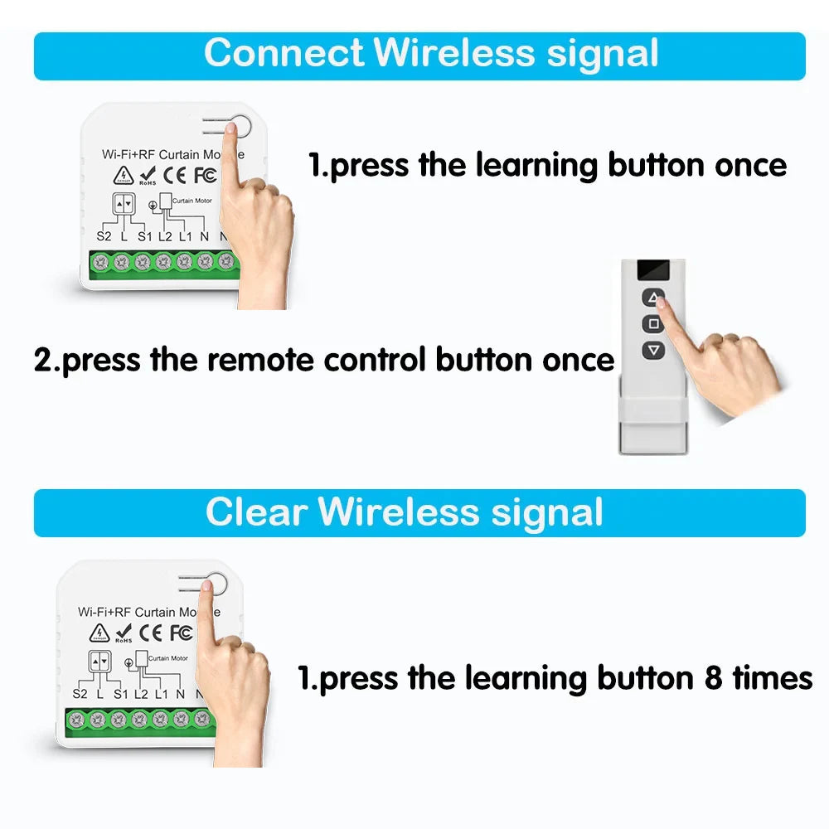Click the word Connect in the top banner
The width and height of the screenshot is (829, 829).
283,54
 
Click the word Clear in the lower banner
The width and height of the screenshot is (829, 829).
256,511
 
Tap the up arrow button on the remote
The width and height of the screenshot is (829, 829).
654,297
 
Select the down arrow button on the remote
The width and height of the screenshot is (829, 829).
654,350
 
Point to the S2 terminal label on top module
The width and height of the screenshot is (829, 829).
104,236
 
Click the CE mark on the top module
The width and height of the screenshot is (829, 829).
174,176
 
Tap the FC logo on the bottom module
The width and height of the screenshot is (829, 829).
182,633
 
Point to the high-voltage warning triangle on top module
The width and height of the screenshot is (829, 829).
123,175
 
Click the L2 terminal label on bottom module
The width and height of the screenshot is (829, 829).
140,694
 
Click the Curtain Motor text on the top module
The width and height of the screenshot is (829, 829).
191,201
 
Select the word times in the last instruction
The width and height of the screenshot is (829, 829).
772,678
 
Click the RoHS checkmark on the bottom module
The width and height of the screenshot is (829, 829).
124,632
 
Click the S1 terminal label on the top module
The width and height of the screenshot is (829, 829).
145,236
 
